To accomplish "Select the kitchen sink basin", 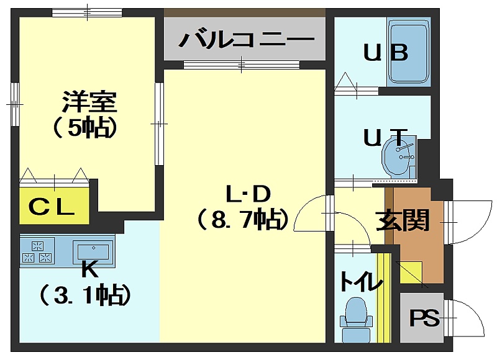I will click(92, 251).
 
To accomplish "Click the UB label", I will click(385, 53).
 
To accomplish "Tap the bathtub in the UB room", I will click(409, 52).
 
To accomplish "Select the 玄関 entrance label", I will click(403, 220).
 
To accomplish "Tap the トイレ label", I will click(360, 282).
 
